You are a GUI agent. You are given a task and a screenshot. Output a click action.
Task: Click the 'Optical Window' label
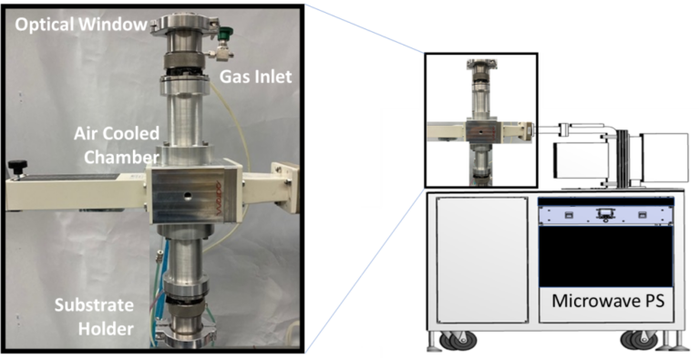click(x=81, y=24)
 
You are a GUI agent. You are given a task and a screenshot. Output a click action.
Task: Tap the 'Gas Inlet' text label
click(x=255, y=77)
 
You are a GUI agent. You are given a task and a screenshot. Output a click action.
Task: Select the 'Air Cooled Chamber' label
click(x=117, y=145)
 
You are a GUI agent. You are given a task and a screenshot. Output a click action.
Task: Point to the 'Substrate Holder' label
click(x=94, y=317)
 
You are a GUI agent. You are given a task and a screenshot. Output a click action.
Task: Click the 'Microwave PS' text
click(x=608, y=301)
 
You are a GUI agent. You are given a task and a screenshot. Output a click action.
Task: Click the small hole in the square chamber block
click(x=189, y=195)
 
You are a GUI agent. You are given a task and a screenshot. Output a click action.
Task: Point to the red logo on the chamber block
click(x=219, y=201)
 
